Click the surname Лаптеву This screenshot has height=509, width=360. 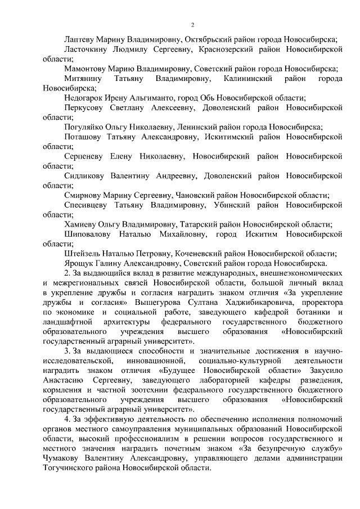pyautogui.click(x=81, y=40)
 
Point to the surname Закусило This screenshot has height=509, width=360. pyautogui.click(x=322, y=370)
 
